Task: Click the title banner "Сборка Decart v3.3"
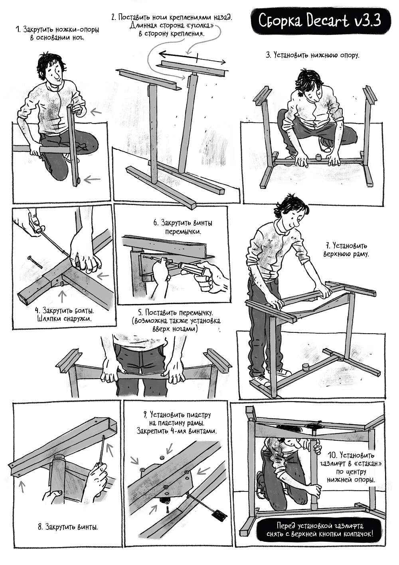pos(319,21)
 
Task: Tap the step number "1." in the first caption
pos(18,30)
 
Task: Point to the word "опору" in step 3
pos(348,55)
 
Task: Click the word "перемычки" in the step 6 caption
pos(183,231)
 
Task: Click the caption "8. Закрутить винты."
pos(68,527)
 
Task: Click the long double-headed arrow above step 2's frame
pos(192,58)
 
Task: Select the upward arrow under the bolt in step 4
pos(63,296)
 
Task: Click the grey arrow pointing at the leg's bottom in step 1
pos(92,179)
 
